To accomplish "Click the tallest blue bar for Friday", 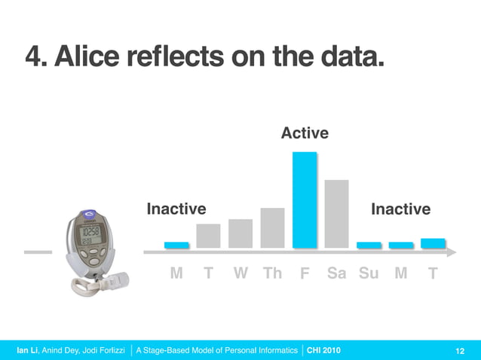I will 305,200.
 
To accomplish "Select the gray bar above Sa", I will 336,213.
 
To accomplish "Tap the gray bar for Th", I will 272,227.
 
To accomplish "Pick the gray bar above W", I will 240,233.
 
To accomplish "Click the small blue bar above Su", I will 369,245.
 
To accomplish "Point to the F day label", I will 305,273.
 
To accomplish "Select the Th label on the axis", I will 272,273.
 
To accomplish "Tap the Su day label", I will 369,273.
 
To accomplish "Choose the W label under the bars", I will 240,273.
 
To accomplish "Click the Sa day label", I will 336,273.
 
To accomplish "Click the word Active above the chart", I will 305,133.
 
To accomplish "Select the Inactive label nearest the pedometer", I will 176,209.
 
